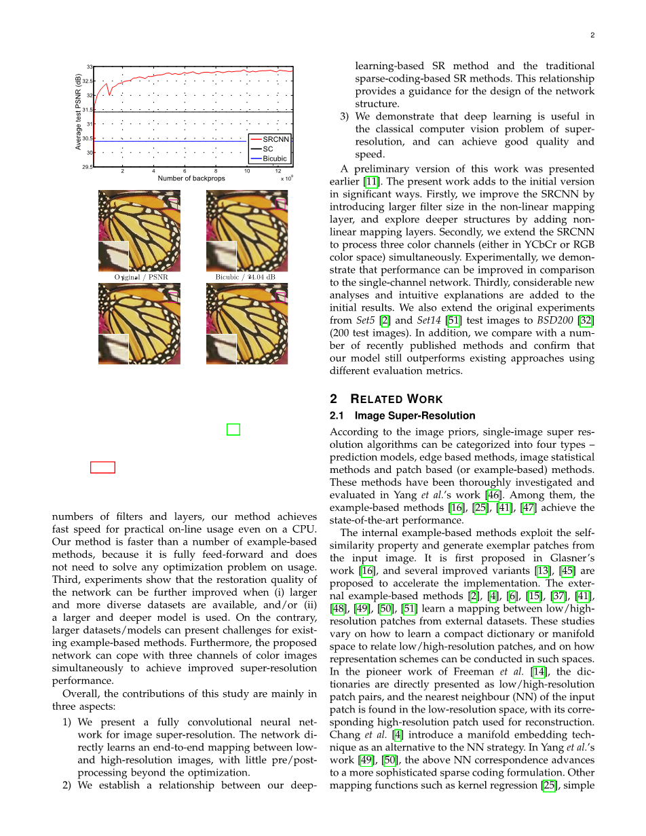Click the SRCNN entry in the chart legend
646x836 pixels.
[275, 139]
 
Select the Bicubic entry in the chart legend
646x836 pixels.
[274, 159]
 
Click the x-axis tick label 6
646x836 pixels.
[185, 171]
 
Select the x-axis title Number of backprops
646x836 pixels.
[191, 178]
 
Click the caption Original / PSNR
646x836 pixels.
[140, 278]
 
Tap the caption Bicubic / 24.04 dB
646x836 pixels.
[246, 278]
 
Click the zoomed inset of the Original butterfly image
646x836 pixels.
[113, 256]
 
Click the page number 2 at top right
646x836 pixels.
[592, 36]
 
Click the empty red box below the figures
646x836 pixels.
[102, 467]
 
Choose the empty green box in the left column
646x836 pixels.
[233, 429]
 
